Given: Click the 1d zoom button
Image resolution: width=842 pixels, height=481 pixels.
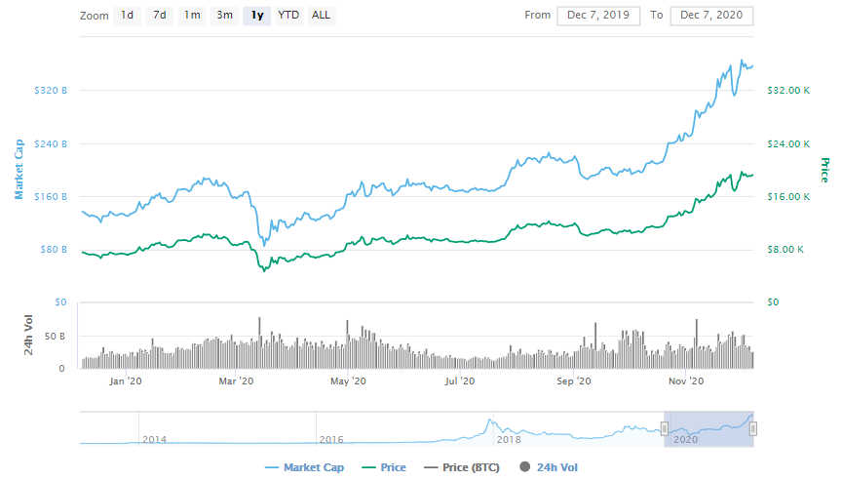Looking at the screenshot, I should tap(128, 16).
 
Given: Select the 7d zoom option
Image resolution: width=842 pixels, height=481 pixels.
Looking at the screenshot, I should tap(160, 16).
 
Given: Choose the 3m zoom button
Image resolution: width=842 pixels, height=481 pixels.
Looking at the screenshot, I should tap(224, 16).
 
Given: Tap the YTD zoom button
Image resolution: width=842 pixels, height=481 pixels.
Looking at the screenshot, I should tap(288, 16).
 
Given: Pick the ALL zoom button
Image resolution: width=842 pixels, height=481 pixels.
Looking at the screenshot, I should tap(321, 16).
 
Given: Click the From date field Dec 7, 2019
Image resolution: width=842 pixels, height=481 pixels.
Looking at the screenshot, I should tap(598, 16).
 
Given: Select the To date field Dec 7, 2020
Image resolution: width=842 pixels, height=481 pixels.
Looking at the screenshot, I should tap(711, 16).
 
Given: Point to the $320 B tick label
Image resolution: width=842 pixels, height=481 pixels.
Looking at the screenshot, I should tap(52, 91).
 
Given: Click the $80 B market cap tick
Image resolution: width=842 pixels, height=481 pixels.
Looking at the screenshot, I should tap(55, 250).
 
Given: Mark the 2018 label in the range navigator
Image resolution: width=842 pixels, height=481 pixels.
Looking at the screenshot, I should tap(509, 440).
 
